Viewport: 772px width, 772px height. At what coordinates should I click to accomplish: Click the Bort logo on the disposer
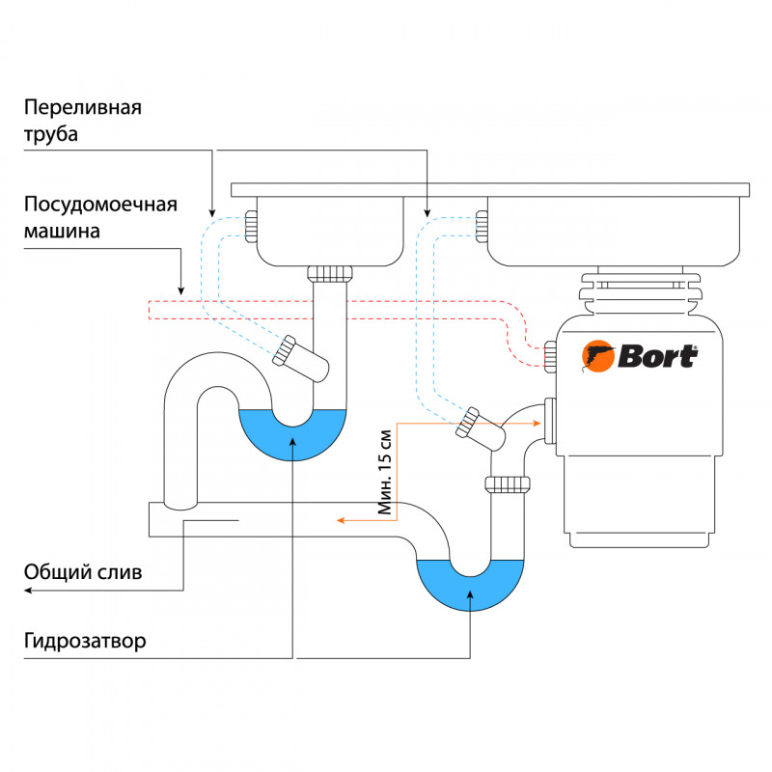click(x=640, y=356)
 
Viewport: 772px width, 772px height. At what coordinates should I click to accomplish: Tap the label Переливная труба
click(x=83, y=121)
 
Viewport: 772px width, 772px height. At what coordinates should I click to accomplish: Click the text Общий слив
click(x=84, y=572)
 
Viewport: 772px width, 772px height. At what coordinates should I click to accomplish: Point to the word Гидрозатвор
click(x=87, y=642)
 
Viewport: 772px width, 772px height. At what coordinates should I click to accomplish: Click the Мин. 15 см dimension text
click(x=387, y=471)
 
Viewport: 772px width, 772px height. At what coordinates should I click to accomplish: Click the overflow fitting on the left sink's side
click(x=251, y=226)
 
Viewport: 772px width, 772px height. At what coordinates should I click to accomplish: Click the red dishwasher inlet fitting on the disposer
click(x=550, y=355)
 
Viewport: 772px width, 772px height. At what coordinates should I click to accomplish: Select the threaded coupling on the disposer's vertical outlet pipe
click(x=508, y=483)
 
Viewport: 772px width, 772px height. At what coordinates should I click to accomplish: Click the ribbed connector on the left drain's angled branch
click(x=284, y=350)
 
